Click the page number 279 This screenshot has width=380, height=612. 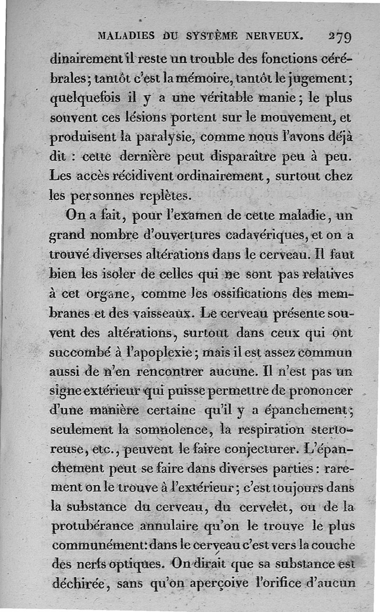click(x=339, y=37)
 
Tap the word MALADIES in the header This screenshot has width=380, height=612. click(x=125, y=36)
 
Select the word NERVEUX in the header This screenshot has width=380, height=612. click(x=275, y=36)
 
